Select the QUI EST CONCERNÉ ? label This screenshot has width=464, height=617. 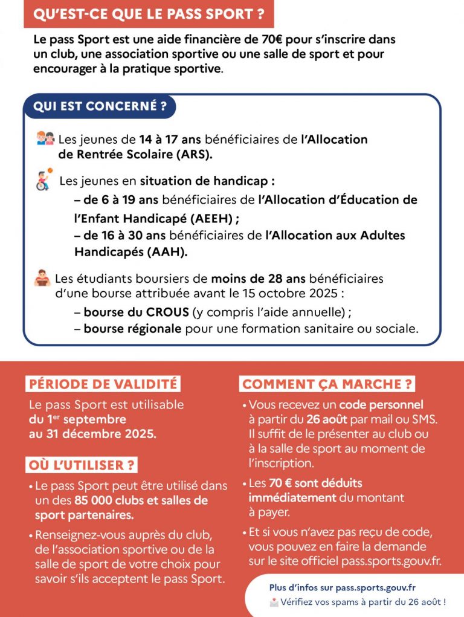tap(100, 107)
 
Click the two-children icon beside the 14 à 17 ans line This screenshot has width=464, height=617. tap(45, 139)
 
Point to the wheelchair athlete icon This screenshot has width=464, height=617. tap(43, 182)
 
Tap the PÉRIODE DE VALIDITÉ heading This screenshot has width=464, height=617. tap(103, 384)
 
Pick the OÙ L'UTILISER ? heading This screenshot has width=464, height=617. tap(82, 465)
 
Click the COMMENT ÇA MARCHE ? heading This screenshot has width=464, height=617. tap(327, 384)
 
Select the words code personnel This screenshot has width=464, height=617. tap(381, 404)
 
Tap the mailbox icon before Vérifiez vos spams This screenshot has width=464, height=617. tap(274, 602)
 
